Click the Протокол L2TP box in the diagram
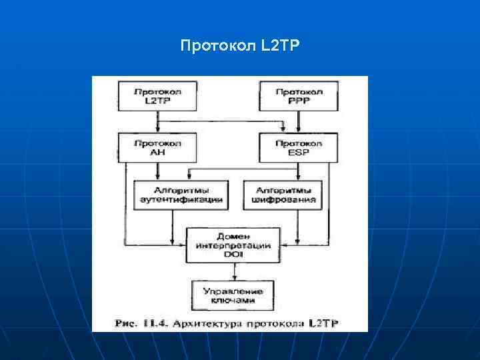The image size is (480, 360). click(157, 95)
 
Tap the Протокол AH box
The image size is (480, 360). click(157, 147)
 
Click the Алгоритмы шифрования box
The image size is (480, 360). click(283, 194)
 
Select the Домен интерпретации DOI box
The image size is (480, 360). click(233, 245)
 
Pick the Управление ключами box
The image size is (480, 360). click(233, 296)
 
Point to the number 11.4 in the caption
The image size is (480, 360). click(151, 323)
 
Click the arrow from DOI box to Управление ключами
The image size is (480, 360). click(233, 272)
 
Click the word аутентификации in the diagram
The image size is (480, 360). click(181, 199)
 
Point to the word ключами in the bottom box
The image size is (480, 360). click(233, 301)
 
